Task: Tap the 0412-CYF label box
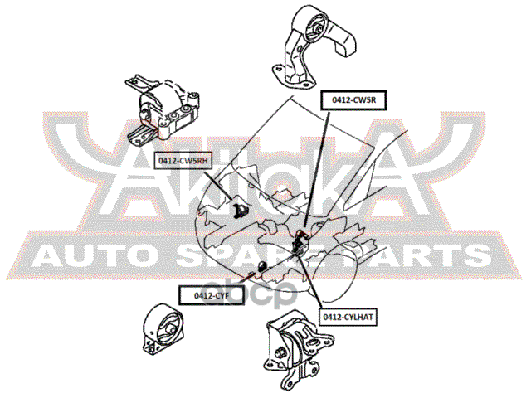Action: [211, 294]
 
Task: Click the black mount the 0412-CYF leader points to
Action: [261, 267]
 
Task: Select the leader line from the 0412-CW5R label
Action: [319, 166]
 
